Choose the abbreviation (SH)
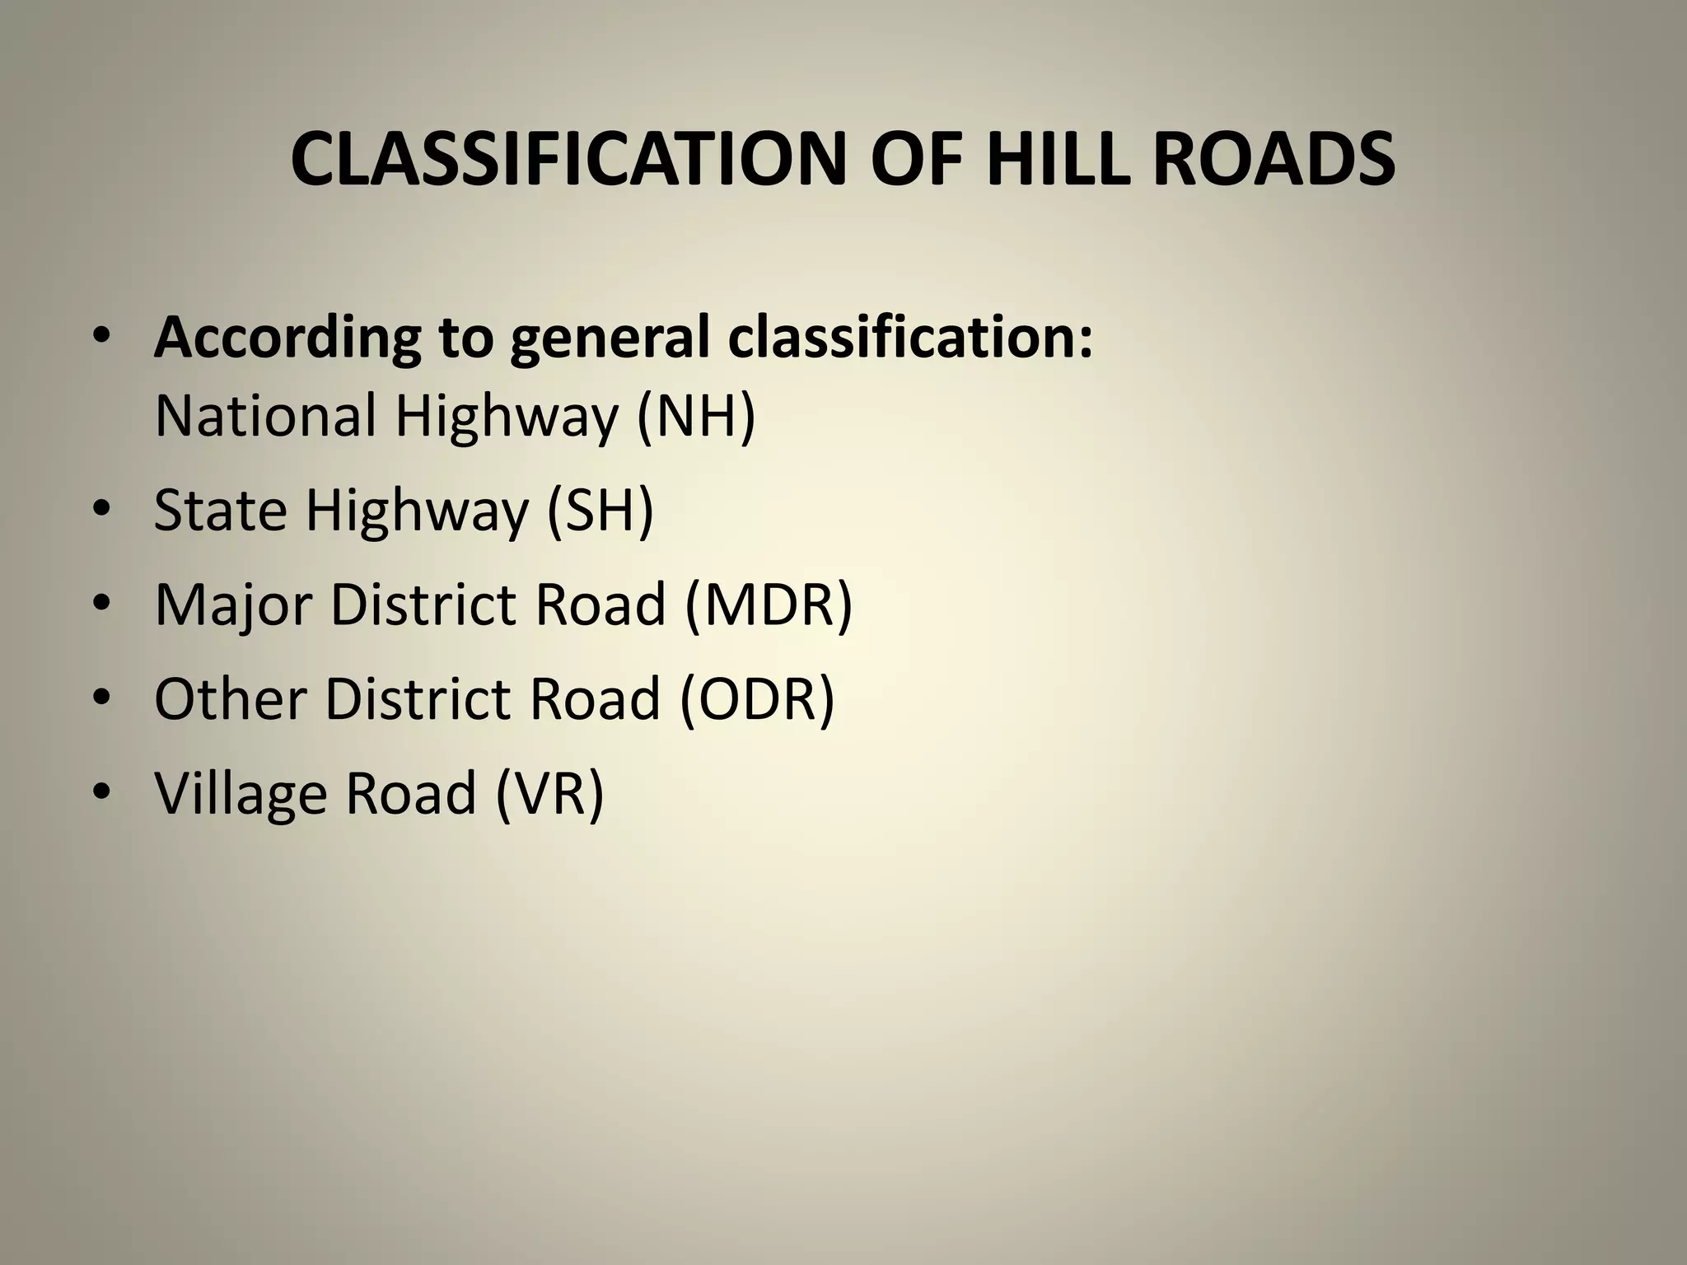pyautogui.click(x=600, y=511)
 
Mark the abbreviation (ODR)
pyautogui.click(x=756, y=698)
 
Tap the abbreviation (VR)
pyautogui.click(x=550, y=792)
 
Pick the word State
pyautogui.click(x=220, y=511)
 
